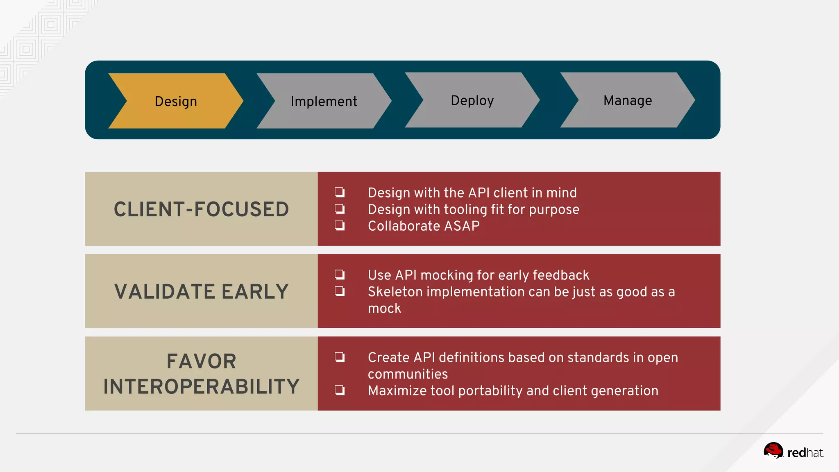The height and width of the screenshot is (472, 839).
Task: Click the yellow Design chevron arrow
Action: point(176,101)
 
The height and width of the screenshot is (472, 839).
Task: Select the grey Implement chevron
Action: point(324,101)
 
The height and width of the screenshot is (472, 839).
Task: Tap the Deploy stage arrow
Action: point(472,100)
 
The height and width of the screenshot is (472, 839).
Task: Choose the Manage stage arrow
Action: point(628,100)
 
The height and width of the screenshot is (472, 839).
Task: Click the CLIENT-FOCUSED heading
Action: point(201,209)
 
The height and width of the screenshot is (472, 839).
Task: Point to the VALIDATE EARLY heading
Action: point(201,291)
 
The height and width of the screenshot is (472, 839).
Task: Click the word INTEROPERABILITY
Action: point(201,386)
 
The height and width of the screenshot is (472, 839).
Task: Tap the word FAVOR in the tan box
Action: point(201,361)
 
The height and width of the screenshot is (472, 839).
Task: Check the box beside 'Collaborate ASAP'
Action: point(340,225)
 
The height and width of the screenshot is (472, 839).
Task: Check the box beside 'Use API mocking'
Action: point(340,275)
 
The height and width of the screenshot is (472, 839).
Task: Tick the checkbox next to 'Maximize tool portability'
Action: point(340,390)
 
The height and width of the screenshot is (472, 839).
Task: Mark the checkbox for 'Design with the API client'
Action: point(340,192)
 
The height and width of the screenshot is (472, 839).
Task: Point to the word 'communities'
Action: point(408,374)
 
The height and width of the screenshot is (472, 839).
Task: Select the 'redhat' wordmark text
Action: point(805,453)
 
